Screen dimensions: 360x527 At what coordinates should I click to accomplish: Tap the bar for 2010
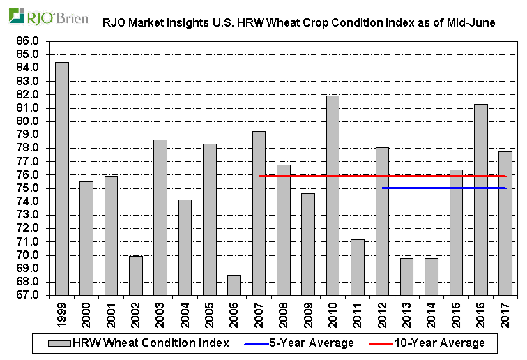(x=333, y=195)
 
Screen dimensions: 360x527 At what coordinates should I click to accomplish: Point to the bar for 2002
(x=135, y=276)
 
